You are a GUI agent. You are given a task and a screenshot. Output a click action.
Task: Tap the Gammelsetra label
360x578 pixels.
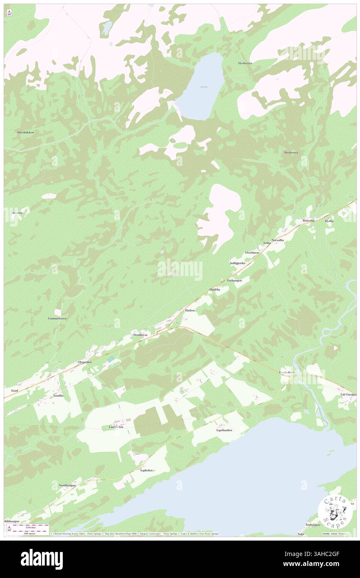[x=57, y=318]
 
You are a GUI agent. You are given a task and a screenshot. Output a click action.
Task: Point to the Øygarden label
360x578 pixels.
[x=85, y=362]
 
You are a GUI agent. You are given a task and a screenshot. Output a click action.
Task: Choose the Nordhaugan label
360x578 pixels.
[x=67, y=485]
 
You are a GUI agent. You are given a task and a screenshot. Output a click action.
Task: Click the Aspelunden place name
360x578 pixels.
[x=224, y=430]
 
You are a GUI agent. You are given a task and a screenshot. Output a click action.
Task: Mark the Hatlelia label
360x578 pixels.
[x=215, y=289]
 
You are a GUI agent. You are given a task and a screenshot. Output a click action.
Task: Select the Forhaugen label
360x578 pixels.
[x=234, y=281]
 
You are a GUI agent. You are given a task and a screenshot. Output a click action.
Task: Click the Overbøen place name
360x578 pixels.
[x=252, y=252]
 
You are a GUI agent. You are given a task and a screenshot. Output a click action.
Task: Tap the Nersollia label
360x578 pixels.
[x=278, y=240]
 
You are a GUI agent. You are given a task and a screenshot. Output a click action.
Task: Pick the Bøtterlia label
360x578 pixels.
[x=310, y=220]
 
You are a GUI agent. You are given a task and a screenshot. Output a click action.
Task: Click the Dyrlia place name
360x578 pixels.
[x=329, y=221]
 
